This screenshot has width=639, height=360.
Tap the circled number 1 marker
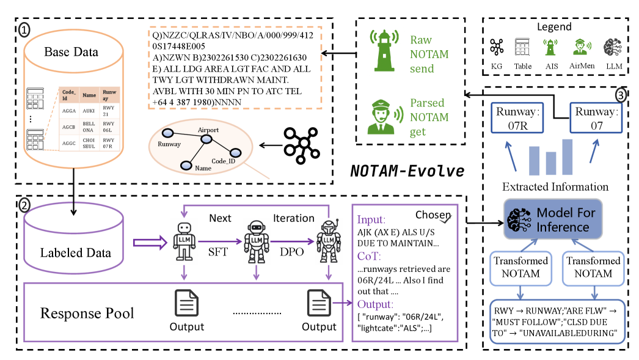click(x=24, y=29)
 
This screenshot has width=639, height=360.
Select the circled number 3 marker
click(x=620, y=95)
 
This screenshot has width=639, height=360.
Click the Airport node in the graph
click(x=207, y=139)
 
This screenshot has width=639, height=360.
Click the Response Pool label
click(x=87, y=314)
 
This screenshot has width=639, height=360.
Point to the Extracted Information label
click(x=555, y=186)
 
